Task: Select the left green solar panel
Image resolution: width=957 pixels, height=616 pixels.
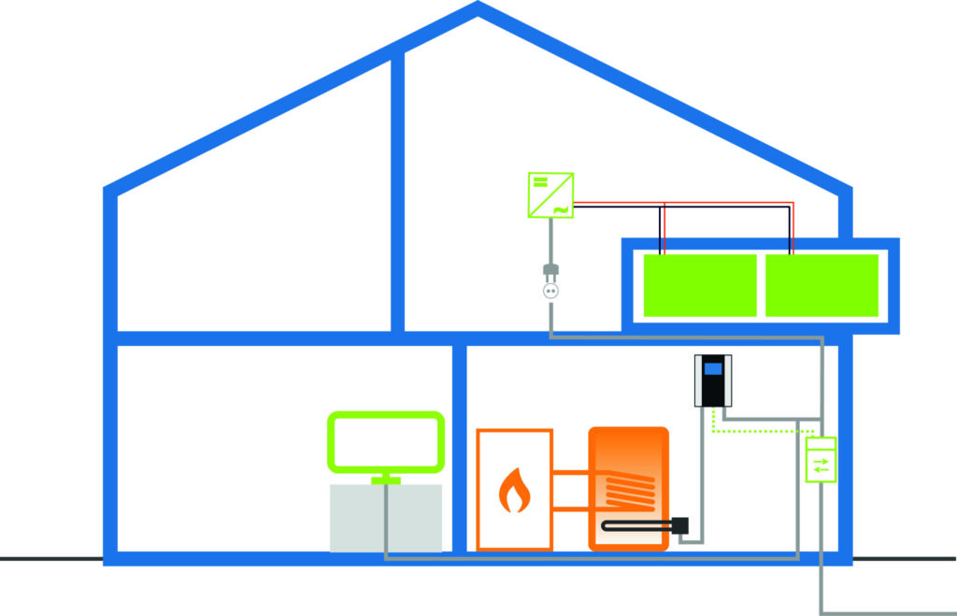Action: (700, 284)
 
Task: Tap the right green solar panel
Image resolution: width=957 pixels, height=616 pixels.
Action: (821, 284)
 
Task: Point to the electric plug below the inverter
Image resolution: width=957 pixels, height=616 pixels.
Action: (550, 272)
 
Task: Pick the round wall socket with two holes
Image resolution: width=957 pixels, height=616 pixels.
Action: (550, 292)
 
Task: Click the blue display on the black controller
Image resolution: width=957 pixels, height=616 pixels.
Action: (713, 368)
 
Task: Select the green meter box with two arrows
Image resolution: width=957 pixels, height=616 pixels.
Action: (821, 459)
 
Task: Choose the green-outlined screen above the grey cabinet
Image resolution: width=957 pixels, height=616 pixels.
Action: (384, 443)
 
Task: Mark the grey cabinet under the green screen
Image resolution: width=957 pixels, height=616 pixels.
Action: (385, 517)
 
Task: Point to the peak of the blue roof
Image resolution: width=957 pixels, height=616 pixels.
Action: (478, 8)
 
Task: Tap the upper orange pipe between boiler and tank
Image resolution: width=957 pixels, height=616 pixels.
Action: (570, 475)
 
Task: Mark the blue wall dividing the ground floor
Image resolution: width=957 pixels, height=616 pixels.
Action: (459, 449)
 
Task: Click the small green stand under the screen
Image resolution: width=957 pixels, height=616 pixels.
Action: (384, 480)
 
